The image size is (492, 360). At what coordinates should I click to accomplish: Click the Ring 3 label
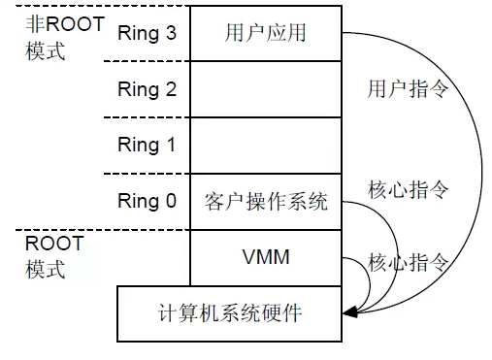coord(147,34)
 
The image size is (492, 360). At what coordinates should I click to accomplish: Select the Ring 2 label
coord(147,90)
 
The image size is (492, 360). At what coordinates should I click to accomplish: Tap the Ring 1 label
coord(147,146)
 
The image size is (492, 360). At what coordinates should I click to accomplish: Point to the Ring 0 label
coord(147,202)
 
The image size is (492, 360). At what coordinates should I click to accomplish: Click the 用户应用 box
coord(265,34)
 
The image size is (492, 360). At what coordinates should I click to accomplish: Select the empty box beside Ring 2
coord(265,90)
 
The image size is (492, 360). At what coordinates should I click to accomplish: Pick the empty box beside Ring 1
coord(265,146)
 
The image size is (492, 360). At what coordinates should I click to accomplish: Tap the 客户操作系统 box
coord(265,202)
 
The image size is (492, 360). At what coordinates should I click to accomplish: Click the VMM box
coord(265,257)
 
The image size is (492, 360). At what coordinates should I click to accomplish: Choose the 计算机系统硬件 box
coord(230,313)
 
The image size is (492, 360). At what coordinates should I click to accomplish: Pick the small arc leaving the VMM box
coord(366,281)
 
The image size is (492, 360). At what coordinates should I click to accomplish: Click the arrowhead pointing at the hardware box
coord(350,312)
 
